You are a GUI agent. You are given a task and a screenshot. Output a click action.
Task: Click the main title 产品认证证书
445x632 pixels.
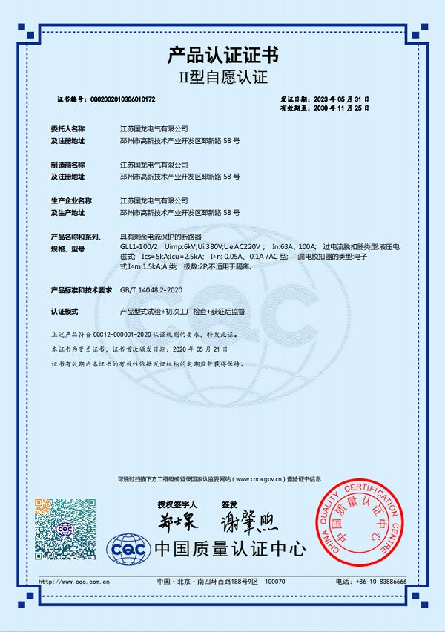click(x=222, y=55)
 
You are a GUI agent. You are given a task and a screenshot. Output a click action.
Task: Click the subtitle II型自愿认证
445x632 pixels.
click(x=222, y=77)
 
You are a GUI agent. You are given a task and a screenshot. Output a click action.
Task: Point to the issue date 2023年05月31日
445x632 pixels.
click(x=341, y=99)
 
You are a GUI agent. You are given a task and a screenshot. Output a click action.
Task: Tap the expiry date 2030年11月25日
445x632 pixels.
click(x=341, y=108)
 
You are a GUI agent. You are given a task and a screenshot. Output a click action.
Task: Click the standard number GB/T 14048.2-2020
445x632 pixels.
click(x=151, y=290)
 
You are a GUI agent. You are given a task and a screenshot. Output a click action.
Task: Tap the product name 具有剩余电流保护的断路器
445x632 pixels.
click(x=159, y=235)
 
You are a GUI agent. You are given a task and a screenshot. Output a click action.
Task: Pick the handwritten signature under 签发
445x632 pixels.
click(x=248, y=523)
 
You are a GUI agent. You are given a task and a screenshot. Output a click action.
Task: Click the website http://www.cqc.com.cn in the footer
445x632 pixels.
click(x=74, y=581)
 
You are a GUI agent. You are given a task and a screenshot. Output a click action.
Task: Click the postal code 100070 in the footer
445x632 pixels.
click(x=274, y=581)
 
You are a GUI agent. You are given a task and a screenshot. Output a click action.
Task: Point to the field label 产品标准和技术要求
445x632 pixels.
click(x=80, y=290)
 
